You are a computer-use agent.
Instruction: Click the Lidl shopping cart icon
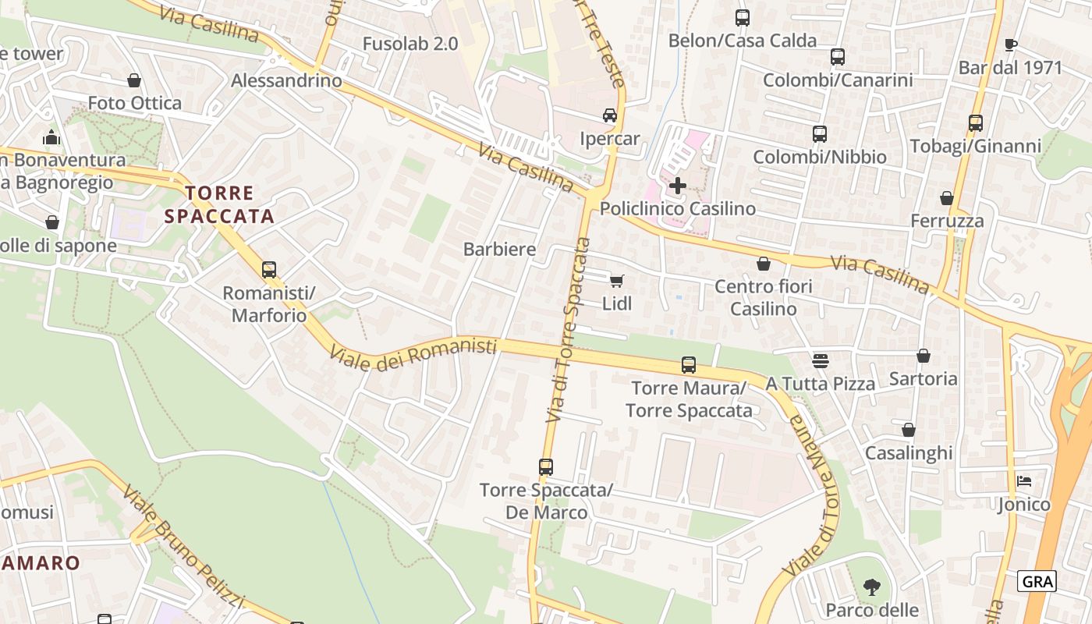point(616,281)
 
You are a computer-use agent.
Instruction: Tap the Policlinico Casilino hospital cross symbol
point(678,186)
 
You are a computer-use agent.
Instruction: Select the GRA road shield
point(1037,581)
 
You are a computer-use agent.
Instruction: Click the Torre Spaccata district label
point(219,204)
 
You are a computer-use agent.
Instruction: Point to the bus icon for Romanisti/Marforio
point(269,270)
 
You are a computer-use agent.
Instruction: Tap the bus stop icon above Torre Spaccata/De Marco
point(546,467)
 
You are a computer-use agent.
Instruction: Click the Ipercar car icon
point(610,115)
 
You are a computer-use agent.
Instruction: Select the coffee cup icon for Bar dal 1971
point(1010,44)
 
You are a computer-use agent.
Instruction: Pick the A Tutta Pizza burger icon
point(820,360)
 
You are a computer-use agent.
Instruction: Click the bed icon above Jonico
point(1024,480)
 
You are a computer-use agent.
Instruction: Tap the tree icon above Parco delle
point(872,587)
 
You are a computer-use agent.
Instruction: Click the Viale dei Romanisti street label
point(413,353)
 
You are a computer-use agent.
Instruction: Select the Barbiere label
point(499,250)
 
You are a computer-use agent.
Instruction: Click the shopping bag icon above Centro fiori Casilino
point(764,264)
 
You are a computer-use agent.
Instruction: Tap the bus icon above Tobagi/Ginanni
point(976,122)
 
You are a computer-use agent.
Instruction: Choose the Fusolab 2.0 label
point(410,44)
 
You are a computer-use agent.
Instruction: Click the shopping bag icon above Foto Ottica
point(134,80)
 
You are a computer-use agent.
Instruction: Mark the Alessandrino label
point(286,80)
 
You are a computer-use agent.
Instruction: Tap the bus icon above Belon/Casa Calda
point(743,17)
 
